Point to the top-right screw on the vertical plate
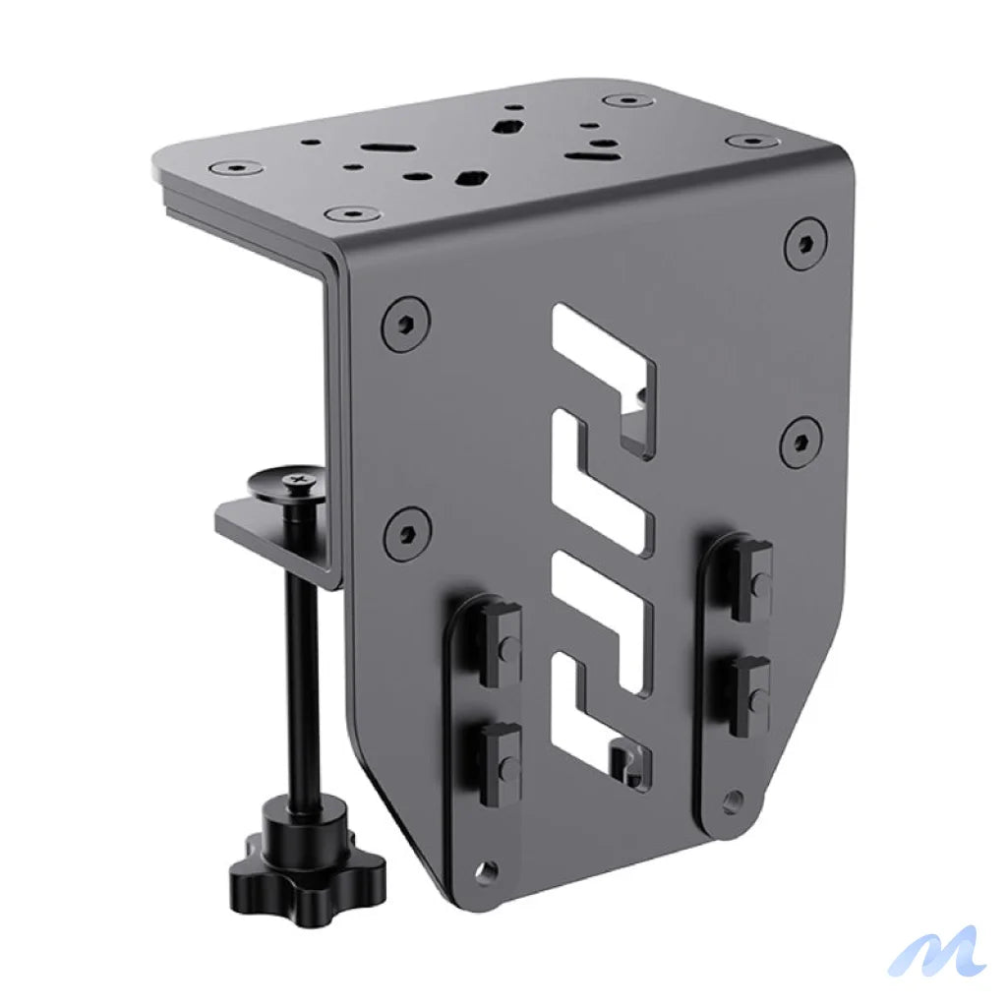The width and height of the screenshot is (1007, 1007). click(805, 244)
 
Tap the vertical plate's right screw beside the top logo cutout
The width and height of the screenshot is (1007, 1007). click(800, 442)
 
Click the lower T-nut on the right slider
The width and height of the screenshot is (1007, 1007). click(751, 693)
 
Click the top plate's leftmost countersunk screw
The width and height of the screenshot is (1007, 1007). click(237, 167)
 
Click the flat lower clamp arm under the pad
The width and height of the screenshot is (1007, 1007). click(266, 536)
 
